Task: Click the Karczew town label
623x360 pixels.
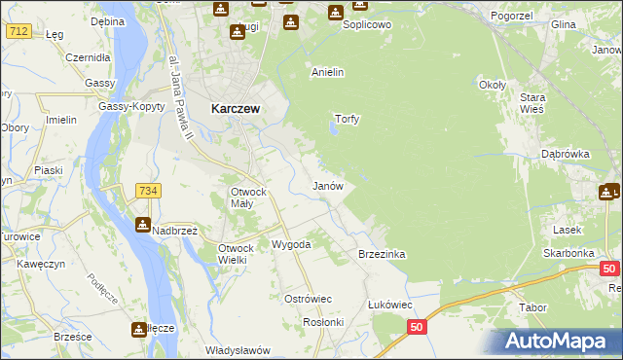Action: pos(235,110)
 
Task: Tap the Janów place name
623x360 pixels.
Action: pos(326,185)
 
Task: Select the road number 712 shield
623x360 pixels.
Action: pos(18,32)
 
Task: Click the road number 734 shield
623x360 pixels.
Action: pos(148,191)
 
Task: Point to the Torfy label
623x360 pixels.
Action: pos(348,120)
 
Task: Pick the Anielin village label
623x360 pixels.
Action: pos(327,72)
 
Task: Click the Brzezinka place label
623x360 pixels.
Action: pos(382,254)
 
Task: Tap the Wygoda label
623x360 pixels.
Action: pos(291,244)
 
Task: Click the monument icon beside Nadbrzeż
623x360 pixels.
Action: pos(142,226)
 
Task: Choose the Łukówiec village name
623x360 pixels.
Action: pos(389,305)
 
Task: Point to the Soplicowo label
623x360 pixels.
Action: pos(366,23)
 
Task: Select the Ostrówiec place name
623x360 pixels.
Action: pos(308,299)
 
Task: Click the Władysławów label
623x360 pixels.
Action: pos(237,350)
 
